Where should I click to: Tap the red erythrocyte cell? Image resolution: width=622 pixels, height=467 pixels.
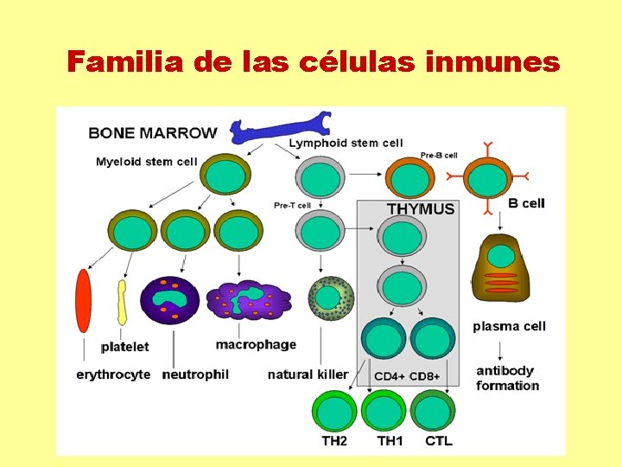(84, 301)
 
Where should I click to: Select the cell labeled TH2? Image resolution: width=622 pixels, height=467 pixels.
(333, 413)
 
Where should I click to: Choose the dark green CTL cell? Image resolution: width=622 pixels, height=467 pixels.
(435, 413)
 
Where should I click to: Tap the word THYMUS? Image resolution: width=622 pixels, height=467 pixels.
(421, 209)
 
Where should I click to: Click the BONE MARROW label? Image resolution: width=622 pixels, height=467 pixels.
(153, 133)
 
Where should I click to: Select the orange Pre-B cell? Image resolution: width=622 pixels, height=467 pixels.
(409, 179)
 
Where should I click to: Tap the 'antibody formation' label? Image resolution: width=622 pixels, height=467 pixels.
(507, 379)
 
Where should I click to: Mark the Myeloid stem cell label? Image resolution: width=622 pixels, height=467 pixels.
(146, 162)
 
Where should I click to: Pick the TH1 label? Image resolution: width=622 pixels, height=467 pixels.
(390, 441)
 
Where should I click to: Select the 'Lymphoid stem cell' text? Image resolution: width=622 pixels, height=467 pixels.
(346, 143)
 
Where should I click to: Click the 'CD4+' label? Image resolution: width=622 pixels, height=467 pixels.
(388, 376)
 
